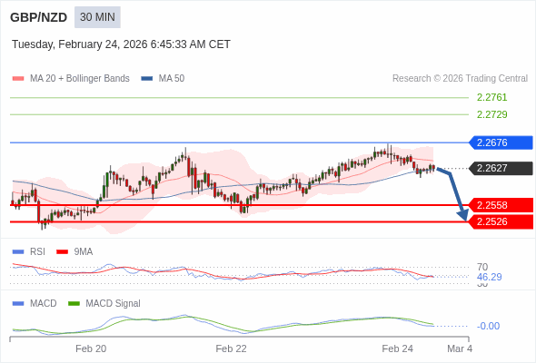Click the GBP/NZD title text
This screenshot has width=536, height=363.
pyautogui.click(x=38, y=17)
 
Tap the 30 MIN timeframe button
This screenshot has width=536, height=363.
pyautogui.click(x=97, y=17)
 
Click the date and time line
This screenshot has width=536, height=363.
pyautogui.click(x=121, y=44)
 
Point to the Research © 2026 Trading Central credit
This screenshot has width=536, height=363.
pyautogui.click(x=460, y=79)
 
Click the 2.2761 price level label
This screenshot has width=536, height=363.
pyautogui.click(x=491, y=97)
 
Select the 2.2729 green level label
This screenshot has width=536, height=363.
pyautogui.click(x=491, y=114)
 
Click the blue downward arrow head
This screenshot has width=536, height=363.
pyautogui.click(x=463, y=215)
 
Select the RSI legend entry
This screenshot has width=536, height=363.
pyautogui.click(x=36, y=251)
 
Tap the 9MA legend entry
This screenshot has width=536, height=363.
pyautogui.click(x=83, y=251)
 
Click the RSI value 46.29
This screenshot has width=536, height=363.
pyautogui.click(x=489, y=277)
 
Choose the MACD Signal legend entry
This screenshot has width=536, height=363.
pyautogui.click(x=113, y=303)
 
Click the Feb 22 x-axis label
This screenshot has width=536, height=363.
pyautogui.click(x=231, y=348)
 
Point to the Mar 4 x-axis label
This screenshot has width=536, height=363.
pyautogui.click(x=460, y=348)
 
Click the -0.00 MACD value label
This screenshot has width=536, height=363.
pyautogui.click(x=488, y=326)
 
